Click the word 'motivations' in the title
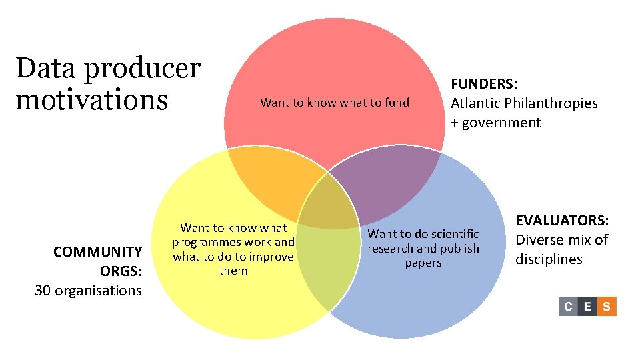click(x=91, y=100)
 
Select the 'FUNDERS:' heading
click(x=485, y=84)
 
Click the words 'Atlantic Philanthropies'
click(x=524, y=103)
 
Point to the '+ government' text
click(x=496, y=123)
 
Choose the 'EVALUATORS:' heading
click(x=563, y=221)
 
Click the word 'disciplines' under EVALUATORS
click(x=549, y=259)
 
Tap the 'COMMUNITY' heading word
click(x=98, y=251)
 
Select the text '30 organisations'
click(x=88, y=290)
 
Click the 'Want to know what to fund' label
click(x=334, y=103)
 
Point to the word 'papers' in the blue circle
click(x=423, y=263)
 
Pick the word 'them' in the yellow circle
click(x=233, y=271)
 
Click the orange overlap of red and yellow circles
click(x=273, y=180)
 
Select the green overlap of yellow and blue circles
click(x=327, y=267)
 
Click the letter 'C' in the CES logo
click(x=568, y=307)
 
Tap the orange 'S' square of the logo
click(x=607, y=307)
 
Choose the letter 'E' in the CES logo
click(x=587, y=307)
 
